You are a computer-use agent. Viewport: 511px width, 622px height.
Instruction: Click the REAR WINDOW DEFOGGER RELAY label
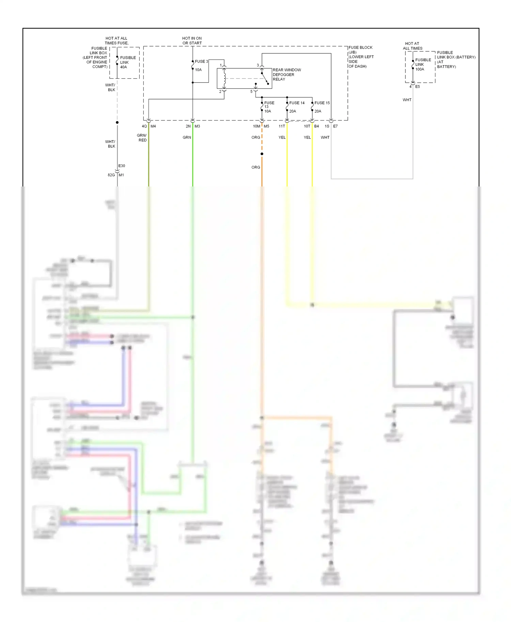287,75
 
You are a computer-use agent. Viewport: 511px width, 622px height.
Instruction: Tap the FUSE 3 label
201,62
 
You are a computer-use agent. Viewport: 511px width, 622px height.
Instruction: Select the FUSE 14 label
297,103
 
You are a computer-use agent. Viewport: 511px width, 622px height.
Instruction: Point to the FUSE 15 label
322,103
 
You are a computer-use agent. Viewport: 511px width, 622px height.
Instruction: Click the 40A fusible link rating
123,67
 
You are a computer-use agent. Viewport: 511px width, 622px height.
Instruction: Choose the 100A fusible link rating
420,69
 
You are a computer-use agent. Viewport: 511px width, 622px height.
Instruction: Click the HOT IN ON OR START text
192,41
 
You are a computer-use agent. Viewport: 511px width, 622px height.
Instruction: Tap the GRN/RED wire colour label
142,138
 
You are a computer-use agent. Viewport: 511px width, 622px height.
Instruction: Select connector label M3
197,126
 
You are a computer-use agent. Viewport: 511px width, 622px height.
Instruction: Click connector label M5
266,126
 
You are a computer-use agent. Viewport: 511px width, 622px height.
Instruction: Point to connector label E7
335,126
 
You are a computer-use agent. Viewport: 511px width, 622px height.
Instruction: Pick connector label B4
316,126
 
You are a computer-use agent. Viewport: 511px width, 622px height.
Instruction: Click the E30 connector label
122,166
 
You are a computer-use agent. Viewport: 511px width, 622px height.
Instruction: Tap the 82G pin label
111,175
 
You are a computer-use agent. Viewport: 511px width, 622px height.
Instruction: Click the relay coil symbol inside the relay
224,79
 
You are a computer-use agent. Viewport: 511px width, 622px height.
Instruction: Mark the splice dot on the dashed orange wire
262,154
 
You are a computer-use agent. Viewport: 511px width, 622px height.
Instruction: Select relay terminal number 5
251,92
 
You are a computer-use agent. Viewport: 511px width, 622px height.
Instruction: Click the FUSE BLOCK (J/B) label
360,50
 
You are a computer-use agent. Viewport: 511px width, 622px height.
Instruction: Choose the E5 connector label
417,87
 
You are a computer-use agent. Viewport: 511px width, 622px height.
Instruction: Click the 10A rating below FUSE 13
268,111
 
